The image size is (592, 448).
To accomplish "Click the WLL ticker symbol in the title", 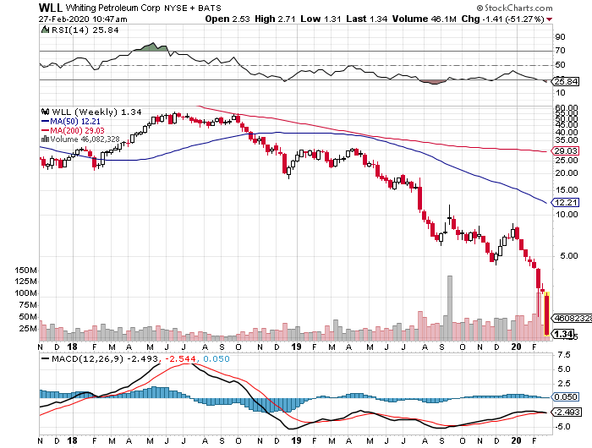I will click(x=23, y=7).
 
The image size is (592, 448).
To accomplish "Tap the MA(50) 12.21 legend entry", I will click(x=79, y=122).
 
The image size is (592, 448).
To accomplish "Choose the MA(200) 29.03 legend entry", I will click(x=81, y=131).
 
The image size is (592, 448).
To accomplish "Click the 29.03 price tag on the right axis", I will click(x=564, y=151).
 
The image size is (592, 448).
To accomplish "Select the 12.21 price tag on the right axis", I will click(x=564, y=203).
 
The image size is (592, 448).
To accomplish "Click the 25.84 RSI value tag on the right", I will click(x=564, y=81).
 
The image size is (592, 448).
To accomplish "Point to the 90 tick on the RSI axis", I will click(x=560, y=37).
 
